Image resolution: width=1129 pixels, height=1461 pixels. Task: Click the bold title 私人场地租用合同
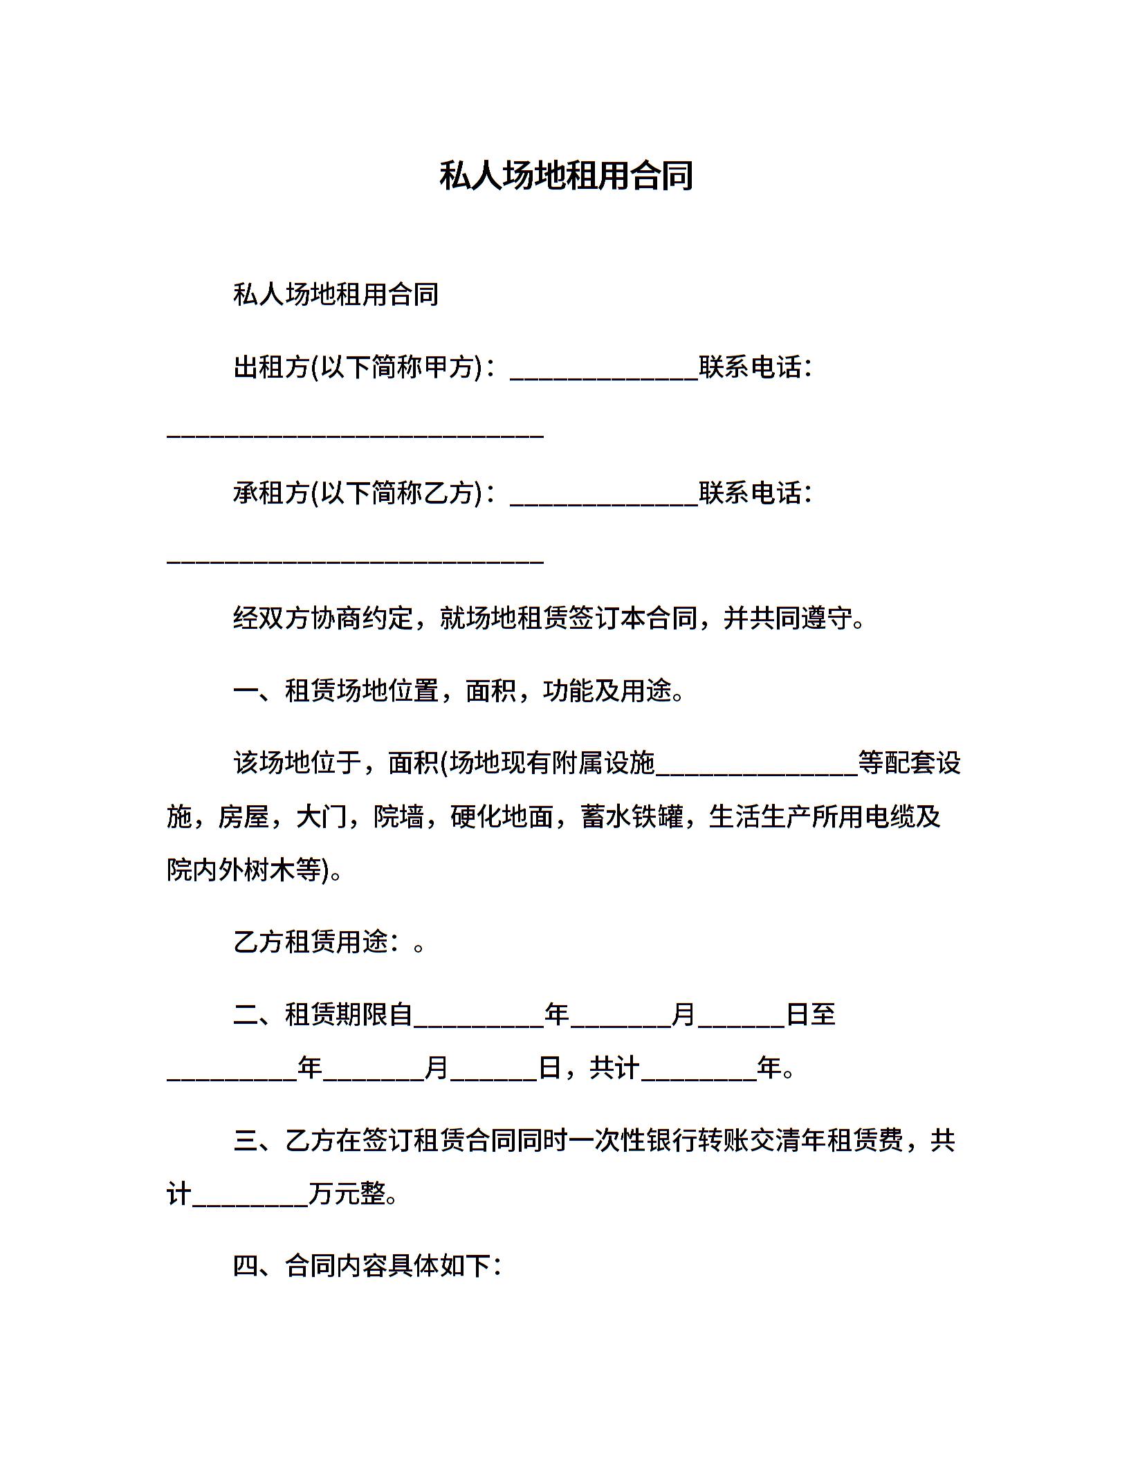565,176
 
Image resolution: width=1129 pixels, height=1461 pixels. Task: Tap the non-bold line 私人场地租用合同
336,295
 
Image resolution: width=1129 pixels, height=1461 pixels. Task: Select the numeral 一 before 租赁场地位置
246,690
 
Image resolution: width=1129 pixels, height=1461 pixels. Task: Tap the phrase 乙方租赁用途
310,941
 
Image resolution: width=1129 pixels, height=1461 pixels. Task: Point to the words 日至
811,1015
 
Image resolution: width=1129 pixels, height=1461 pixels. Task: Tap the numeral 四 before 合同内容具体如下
246,1266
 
